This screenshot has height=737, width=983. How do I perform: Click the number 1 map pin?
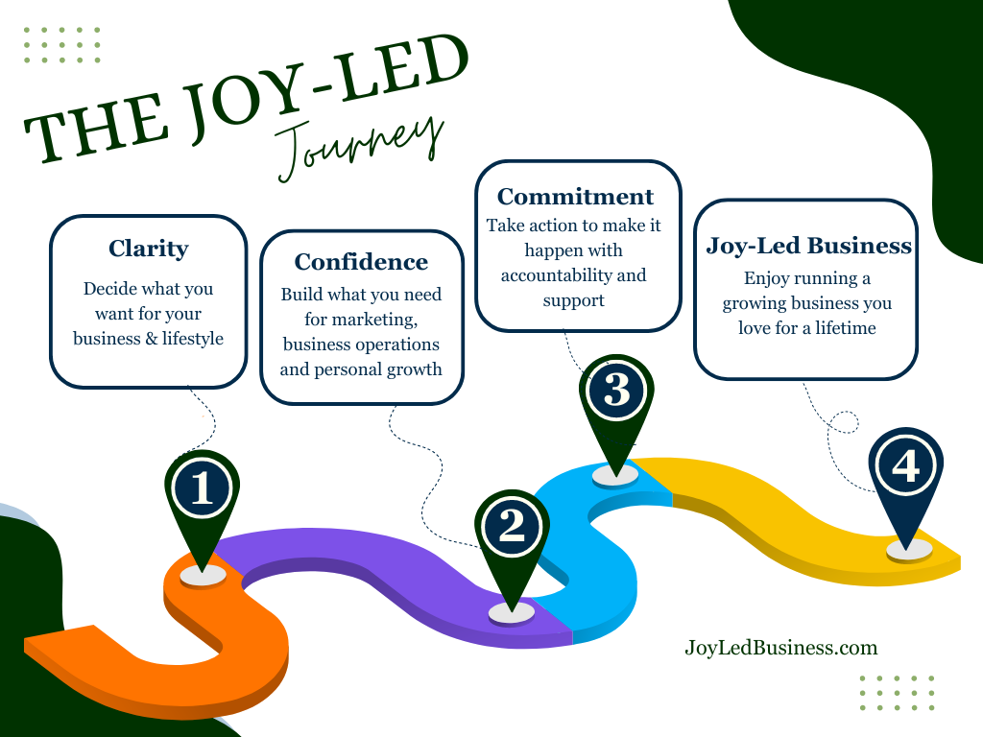tap(202, 489)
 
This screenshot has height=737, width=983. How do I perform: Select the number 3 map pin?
tap(616, 392)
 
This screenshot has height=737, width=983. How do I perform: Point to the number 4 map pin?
tap(905, 467)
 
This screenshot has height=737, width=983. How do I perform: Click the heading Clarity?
tap(148, 249)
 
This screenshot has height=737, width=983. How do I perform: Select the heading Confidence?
tap(361, 262)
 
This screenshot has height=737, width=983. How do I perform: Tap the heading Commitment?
tap(575, 197)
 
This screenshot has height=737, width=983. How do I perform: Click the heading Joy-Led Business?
tap(808, 246)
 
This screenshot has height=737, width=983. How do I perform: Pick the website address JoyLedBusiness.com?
tap(780, 648)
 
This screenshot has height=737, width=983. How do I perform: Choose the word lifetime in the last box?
tap(846, 327)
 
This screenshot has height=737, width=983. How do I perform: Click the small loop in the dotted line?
tap(844, 421)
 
